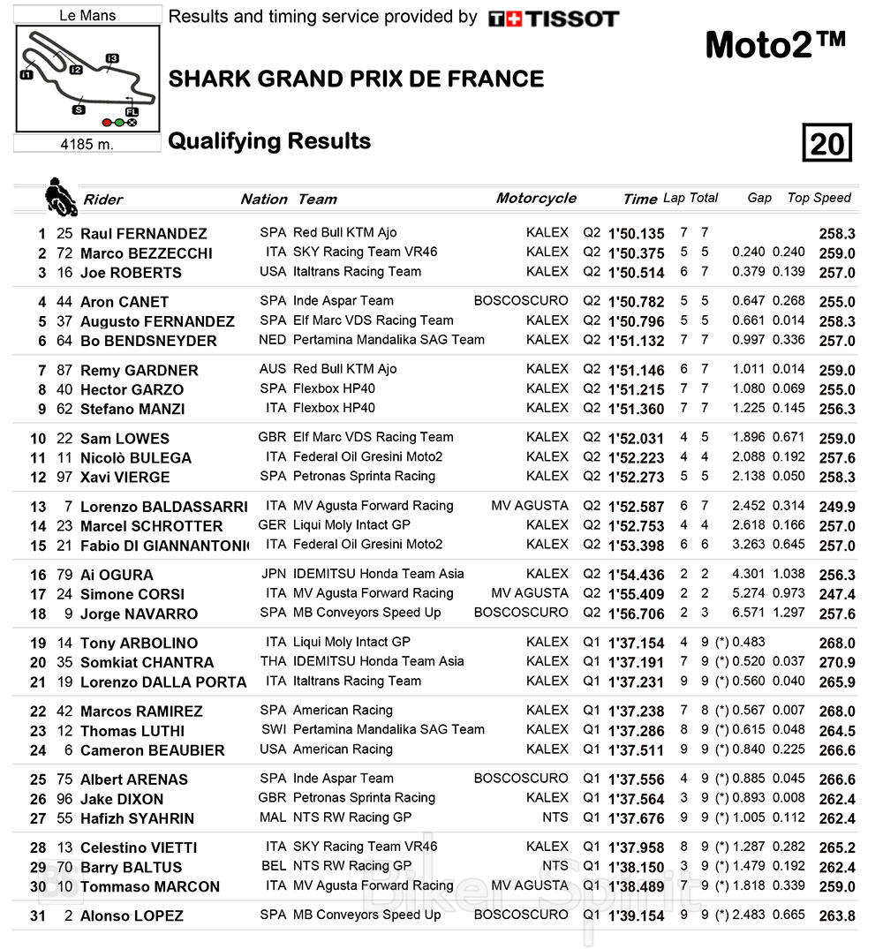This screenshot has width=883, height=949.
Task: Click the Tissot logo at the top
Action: coord(554,19)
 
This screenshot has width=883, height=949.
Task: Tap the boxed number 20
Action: coord(826,143)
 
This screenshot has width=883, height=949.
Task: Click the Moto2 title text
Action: coord(775,45)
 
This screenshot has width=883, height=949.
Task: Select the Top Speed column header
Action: coord(819,198)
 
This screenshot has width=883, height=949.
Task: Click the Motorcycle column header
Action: coord(536,198)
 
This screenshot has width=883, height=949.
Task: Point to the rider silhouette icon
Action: coord(58,196)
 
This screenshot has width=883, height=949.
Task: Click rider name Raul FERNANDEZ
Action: coord(143,234)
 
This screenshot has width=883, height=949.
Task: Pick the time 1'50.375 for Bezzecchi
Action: coord(636,253)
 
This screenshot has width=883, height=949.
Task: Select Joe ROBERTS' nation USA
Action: coord(273,272)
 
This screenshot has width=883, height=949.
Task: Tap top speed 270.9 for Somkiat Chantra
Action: coord(837,662)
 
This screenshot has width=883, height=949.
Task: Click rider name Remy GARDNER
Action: coord(139,371)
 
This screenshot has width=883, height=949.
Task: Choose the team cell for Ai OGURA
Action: coord(378,574)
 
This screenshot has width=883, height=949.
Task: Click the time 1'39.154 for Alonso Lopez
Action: coord(636,915)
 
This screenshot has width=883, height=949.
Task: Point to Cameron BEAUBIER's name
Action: coord(152,750)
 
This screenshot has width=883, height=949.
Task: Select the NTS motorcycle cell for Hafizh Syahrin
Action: coord(555,817)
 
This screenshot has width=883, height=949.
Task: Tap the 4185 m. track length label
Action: coord(87,144)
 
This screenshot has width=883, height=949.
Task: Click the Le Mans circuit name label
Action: coord(87,15)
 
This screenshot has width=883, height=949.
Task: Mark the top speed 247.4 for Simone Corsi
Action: coord(837,594)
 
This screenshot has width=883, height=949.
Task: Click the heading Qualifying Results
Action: coord(269,141)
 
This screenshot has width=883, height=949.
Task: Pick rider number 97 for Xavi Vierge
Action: coord(64,478)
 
